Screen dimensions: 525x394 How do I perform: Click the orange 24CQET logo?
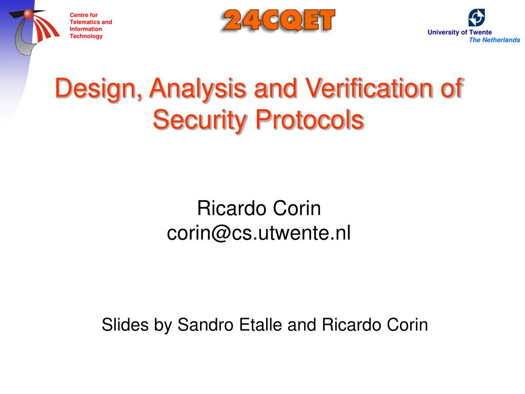[278, 21]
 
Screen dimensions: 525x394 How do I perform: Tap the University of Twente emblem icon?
[476, 17]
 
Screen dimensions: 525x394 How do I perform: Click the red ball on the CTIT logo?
[29, 14]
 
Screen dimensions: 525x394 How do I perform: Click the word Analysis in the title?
[198, 88]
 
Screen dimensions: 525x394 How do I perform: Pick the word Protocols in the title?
[310, 120]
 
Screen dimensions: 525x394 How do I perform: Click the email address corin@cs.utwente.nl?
[259, 233]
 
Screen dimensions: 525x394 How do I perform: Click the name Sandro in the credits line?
[205, 325]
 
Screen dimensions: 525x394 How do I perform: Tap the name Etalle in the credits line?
[261, 325]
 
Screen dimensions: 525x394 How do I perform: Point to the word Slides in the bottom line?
[125, 325]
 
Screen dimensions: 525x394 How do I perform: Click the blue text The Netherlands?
[495, 40]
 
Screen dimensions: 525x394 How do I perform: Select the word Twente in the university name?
[480, 32]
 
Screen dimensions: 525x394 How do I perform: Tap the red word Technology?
[86, 36]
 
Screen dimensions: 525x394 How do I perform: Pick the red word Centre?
[79, 15]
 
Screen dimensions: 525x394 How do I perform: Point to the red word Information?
[86, 29]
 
